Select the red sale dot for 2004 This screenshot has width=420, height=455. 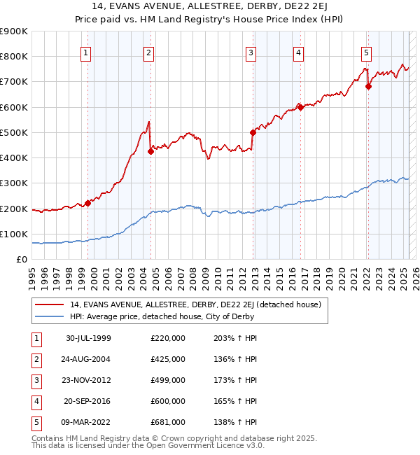[150, 151]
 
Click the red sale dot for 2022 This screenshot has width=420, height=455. [368, 86]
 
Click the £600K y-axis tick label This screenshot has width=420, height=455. [13, 107]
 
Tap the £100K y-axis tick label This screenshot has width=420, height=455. [13, 234]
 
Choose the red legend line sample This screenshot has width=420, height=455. [49, 304]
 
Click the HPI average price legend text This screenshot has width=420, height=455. [162, 316]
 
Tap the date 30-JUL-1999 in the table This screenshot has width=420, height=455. [88, 337]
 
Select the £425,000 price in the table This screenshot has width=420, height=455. [168, 358]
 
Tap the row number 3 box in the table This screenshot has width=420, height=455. [35, 379]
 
